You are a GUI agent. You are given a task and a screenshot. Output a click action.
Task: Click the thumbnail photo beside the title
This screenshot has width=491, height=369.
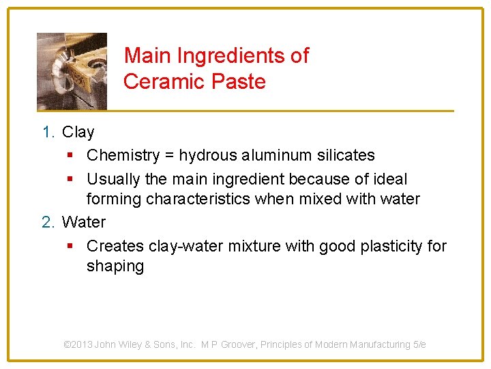point(72,71)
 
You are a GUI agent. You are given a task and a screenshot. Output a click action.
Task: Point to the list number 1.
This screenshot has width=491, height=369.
point(47,132)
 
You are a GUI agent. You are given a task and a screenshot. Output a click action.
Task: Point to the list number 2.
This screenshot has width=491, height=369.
point(47,222)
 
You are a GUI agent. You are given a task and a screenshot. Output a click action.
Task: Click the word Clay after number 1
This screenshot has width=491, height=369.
point(78,132)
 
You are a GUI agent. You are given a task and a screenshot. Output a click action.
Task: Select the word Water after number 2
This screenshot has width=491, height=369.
point(83,222)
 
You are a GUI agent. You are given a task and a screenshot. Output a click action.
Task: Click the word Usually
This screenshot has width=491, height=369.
point(112,179)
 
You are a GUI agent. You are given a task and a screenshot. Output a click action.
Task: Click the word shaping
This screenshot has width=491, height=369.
point(115,266)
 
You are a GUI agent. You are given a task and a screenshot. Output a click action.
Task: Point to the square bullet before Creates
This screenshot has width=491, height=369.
point(71,246)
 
